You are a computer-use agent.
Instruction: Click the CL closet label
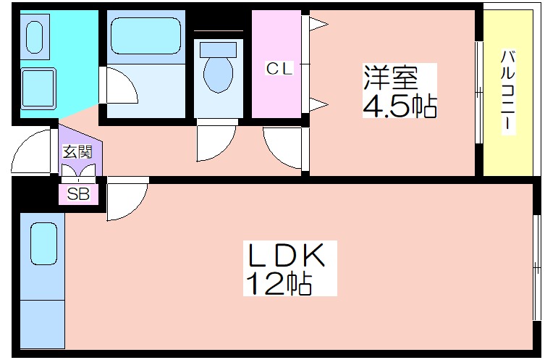tap(279, 69)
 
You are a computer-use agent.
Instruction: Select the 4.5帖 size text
tap(399, 106)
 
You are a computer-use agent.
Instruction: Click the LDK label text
tap(284, 256)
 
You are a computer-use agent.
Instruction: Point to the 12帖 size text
tap(279, 283)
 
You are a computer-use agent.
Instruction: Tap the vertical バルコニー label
tap(507, 90)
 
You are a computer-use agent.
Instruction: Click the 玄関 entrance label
tap(77, 152)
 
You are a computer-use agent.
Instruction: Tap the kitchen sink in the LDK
tap(43, 245)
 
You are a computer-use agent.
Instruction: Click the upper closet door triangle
tap(319, 25)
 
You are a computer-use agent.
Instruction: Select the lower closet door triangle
tap(319, 106)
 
